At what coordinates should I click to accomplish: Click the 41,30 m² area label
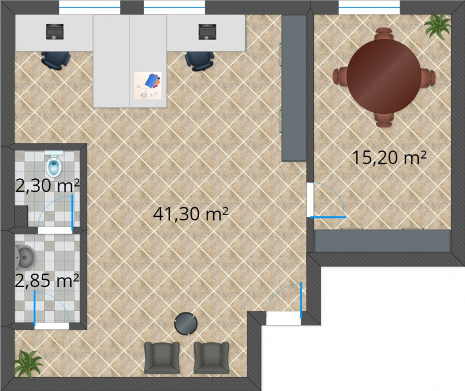191,213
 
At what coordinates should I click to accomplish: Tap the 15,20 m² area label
389,157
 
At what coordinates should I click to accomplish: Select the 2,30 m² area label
47,186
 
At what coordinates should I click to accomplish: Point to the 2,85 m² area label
47,281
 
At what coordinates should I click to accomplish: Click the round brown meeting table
384,77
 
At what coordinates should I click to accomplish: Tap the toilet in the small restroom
54,164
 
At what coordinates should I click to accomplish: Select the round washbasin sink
25,257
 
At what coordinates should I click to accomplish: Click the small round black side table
186,324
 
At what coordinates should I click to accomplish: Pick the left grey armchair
162,357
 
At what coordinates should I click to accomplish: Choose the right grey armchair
212,357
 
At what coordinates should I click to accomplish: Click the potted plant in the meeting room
438,26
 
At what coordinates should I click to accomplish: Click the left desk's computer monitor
55,32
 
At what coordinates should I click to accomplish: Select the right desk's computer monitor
208,32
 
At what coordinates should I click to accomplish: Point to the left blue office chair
56,60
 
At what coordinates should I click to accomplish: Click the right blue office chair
199,61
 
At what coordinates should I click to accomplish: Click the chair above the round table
384,34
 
